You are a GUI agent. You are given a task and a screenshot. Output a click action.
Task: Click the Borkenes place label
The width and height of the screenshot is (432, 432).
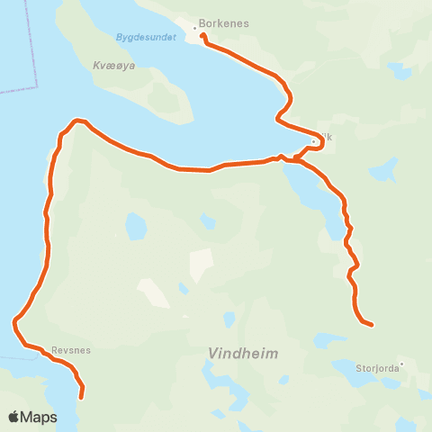(226, 23)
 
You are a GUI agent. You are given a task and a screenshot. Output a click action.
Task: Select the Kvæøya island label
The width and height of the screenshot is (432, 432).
(113, 66)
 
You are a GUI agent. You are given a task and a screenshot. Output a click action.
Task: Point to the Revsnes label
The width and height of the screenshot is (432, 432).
(71, 351)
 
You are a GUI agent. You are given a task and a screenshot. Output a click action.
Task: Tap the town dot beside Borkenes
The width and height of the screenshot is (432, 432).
(195, 28)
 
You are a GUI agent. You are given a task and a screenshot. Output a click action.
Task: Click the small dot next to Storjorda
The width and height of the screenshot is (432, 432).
(402, 364)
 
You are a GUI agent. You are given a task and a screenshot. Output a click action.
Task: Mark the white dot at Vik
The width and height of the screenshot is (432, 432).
(313, 140)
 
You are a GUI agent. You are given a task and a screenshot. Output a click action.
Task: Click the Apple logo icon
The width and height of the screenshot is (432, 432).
(14, 418)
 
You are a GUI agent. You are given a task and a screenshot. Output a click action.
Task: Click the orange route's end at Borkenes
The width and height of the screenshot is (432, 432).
(202, 36)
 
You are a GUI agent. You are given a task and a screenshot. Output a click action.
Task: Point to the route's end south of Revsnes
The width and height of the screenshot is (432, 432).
(82, 396)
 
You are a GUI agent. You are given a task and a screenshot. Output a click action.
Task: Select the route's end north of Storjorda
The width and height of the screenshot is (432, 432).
(371, 324)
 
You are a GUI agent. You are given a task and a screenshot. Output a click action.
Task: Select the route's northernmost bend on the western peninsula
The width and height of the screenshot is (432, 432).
(77, 120)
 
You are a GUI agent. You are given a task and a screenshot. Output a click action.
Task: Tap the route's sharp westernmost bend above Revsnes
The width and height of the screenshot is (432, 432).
(15, 321)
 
